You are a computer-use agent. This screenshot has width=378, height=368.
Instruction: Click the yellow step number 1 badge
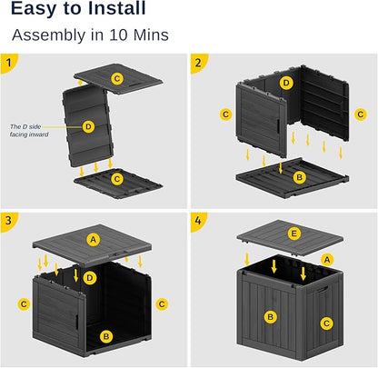point(9,64)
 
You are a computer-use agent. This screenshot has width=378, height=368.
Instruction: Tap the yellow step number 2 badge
point(199,64)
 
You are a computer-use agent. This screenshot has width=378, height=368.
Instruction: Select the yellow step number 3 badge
point(9,221)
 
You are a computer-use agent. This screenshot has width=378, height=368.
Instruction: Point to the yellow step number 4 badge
point(199,221)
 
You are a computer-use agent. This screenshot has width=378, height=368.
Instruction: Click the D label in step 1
point(88,126)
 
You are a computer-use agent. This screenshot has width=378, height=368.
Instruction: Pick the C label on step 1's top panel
point(116,79)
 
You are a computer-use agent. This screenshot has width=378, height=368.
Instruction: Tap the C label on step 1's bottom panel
point(115,179)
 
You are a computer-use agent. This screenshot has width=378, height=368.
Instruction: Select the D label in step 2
point(287,83)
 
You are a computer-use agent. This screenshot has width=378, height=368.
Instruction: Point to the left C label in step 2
point(225,114)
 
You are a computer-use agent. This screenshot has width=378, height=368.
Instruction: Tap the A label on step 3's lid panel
point(93,239)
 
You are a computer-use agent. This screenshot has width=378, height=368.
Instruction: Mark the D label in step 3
point(89,276)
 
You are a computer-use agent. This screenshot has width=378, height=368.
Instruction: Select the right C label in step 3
point(161,303)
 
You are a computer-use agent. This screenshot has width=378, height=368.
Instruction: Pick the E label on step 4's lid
point(293,233)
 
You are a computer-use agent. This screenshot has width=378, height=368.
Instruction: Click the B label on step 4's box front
point(269,316)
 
